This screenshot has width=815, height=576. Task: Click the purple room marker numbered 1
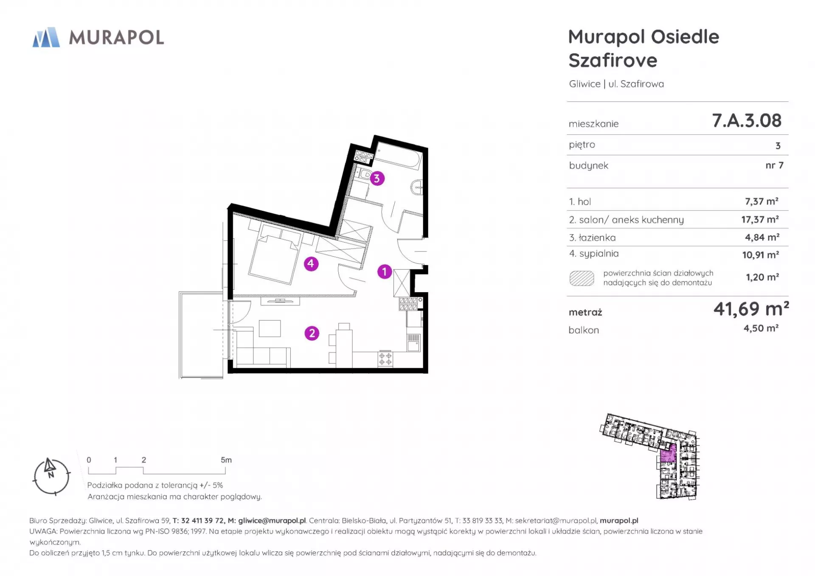coord(385,271)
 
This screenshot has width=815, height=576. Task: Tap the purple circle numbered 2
coord(312,333)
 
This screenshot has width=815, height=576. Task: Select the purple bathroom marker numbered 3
coord(377,179)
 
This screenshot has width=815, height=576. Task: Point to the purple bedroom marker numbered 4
coord(311,264)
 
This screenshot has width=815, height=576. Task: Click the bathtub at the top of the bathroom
coord(398,156)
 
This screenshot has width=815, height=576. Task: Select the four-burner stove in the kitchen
coord(385,359)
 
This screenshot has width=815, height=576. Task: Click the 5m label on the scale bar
coord(226,460)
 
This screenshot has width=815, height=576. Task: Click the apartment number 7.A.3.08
coord(747,120)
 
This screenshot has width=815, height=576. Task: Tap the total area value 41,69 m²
coord(751,309)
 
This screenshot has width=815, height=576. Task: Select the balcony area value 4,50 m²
coord(761,328)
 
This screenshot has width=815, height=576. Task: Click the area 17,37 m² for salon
coord(760,219)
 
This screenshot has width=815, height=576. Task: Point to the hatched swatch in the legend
coord(582,278)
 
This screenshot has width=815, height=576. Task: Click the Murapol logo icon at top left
coord(46,37)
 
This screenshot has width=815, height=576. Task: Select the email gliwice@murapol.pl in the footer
coord(272,520)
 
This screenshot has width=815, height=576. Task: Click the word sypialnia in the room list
coord(599,254)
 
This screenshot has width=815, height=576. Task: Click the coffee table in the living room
coord(270,329)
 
